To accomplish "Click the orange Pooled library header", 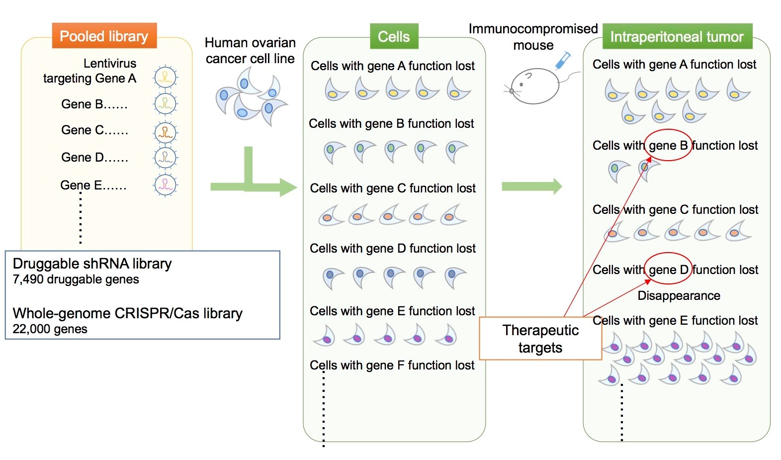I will (x=104, y=36).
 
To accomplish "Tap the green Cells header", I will (x=394, y=36).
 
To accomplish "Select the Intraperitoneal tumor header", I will (x=677, y=36).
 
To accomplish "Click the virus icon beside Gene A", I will (x=165, y=77).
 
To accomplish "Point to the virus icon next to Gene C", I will (x=165, y=132).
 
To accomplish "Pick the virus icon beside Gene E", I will (x=165, y=185).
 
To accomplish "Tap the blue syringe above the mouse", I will (x=563, y=60).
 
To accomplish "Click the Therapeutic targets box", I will (x=540, y=339).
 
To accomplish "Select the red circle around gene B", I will (x=668, y=145).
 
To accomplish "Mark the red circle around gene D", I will (x=668, y=270).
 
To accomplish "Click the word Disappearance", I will (x=679, y=295).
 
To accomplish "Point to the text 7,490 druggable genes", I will (x=76, y=279).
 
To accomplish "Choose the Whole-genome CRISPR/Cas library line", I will (x=127, y=313).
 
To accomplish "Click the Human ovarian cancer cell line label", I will (x=250, y=51).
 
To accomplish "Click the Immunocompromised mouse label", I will (x=533, y=37).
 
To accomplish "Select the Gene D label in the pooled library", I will (x=94, y=157).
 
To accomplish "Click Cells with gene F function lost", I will (x=392, y=366).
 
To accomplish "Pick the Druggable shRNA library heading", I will (x=92, y=264).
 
